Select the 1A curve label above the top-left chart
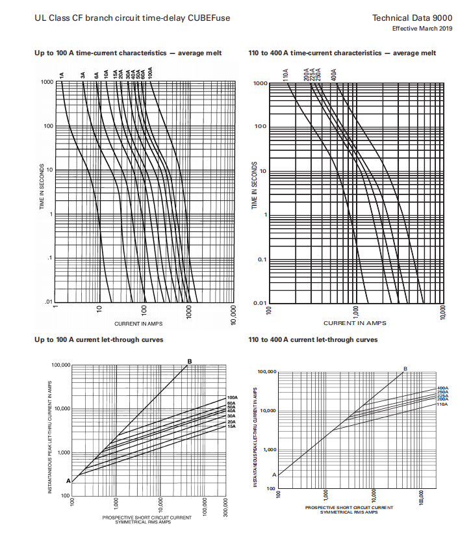pyautogui.click(x=62, y=75)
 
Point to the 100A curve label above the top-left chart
pyautogui.click(x=150, y=72)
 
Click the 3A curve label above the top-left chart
pyautogui.click(x=83, y=75)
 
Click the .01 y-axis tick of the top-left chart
pyautogui.click(x=48, y=302)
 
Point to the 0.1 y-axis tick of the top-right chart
pyautogui.click(x=259, y=260)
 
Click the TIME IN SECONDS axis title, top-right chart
pyautogui.click(x=255, y=185)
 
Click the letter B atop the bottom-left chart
pyautogui.click(x=190, y=361)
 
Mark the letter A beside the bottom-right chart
pyautogui.click(x=274, y=475)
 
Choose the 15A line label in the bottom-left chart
pyautogui.click(x=231, y=426)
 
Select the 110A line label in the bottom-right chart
pyautogui.click(x=442, y=404)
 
